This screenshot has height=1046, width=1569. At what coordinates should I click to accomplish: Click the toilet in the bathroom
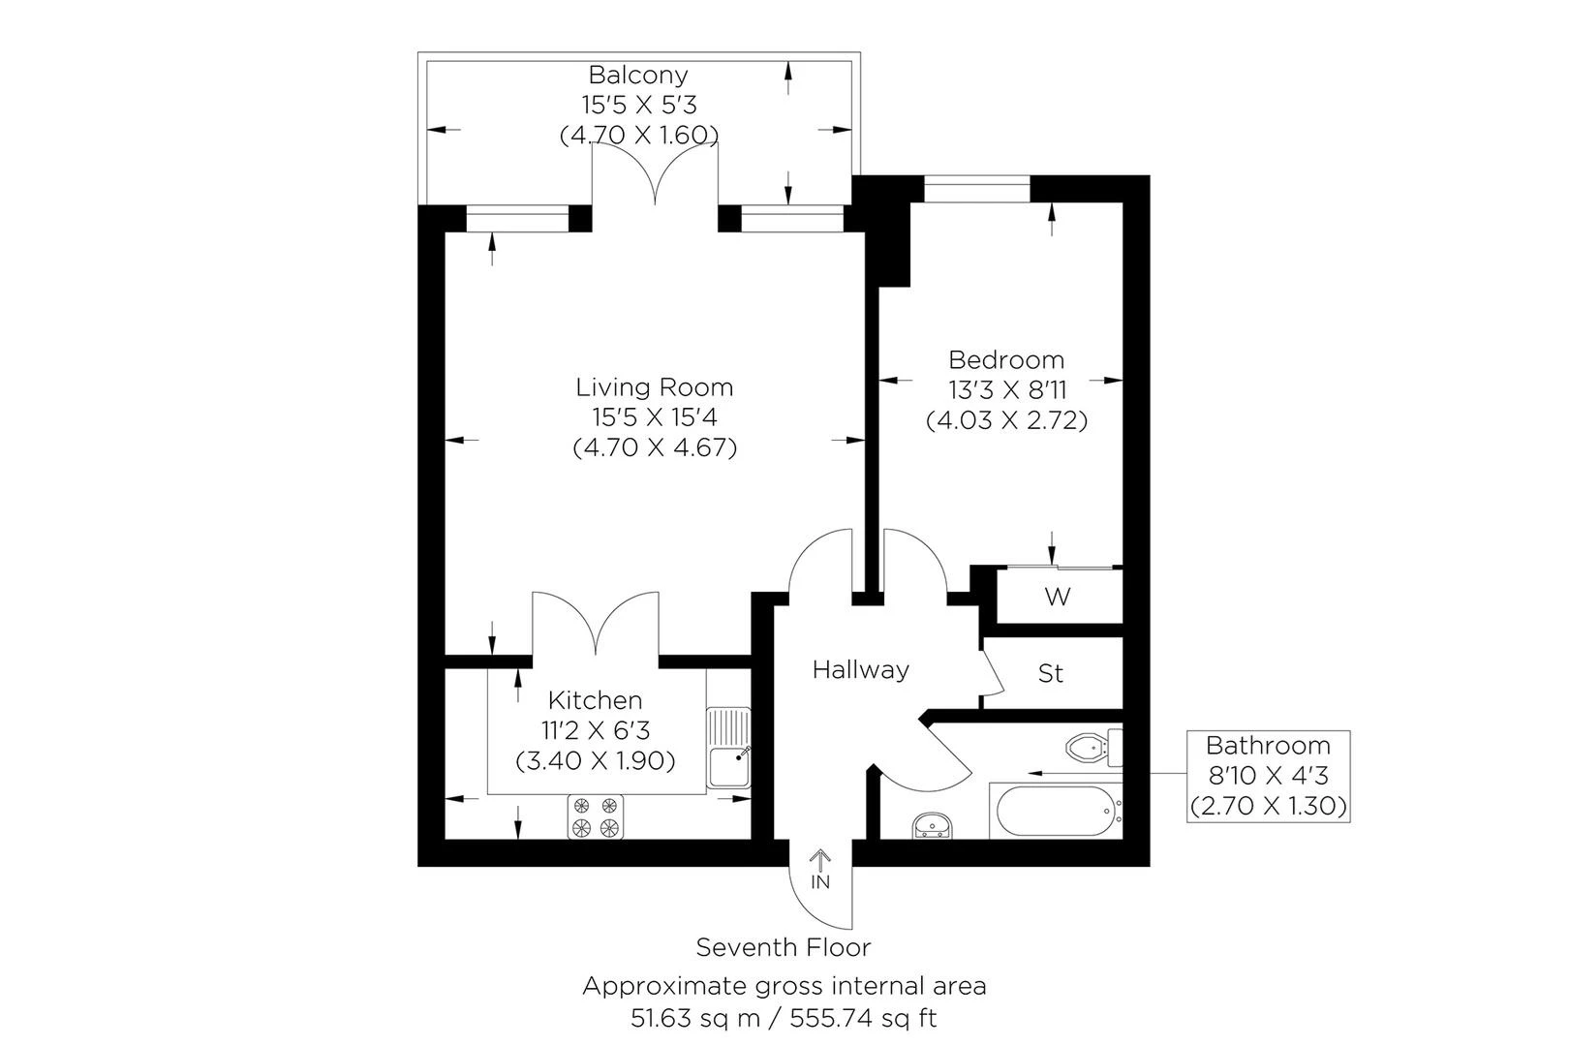1093,747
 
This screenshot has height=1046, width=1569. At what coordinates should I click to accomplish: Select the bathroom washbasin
933,825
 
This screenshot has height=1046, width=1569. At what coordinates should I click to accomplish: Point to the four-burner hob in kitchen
595,815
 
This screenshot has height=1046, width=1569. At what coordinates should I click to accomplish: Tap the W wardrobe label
1058,597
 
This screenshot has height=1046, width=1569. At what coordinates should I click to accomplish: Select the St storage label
1051,672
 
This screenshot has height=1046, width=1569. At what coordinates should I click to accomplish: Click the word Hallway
860,669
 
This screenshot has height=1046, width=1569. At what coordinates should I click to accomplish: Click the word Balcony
638,75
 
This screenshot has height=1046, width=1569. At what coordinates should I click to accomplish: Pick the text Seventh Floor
784,947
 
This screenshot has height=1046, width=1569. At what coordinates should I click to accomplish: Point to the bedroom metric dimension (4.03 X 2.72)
1006,420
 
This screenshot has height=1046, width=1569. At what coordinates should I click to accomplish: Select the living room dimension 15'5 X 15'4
655,417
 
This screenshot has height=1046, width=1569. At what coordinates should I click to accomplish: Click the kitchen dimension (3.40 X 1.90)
596,760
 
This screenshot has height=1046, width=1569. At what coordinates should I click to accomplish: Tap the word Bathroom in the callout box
1268,746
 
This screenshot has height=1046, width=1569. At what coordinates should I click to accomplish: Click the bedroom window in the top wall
976,189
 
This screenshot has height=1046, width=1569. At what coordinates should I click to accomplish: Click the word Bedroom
1006,360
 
